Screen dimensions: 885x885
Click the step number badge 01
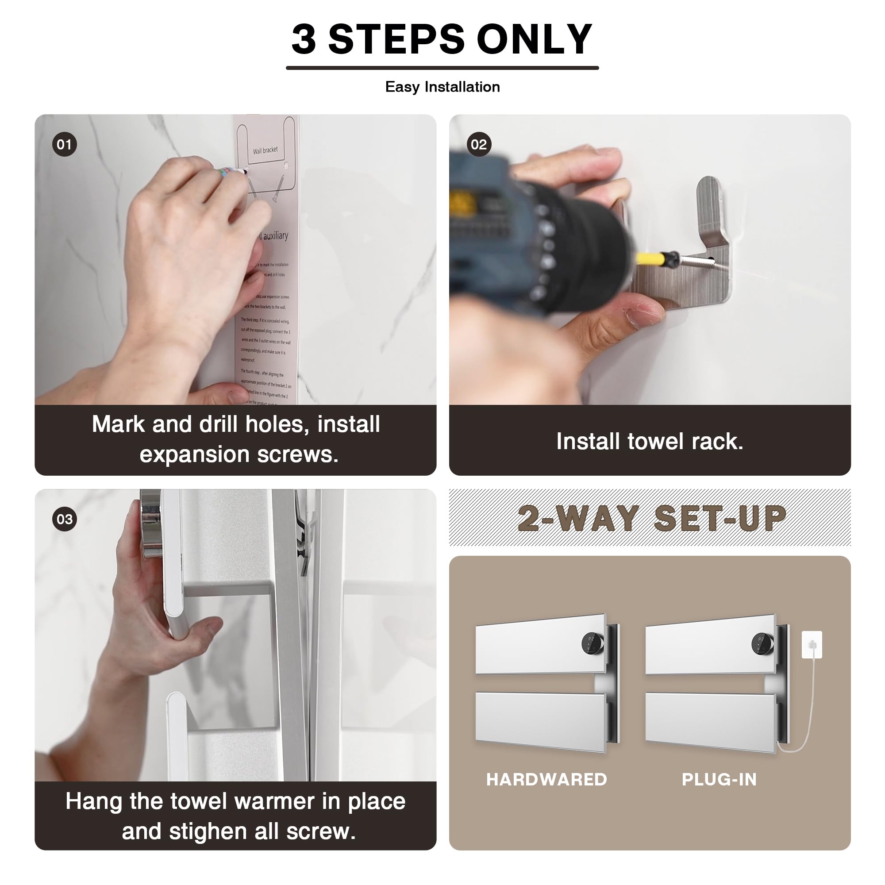coord(64,145)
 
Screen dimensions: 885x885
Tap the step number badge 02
coord(479,145)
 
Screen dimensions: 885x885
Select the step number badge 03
coord(64,519)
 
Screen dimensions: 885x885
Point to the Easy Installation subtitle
coord(442,87)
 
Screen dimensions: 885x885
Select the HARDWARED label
coord(546,780)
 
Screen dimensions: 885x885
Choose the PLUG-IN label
coord(719,780)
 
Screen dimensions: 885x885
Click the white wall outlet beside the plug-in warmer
coord(812,645)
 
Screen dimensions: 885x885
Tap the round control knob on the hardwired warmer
coord(592,643)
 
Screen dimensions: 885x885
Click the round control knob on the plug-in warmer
coord(762,643)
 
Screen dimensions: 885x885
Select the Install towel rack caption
coord(650,442)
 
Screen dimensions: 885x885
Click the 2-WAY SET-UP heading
coord(651,519)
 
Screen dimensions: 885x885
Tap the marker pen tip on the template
coord(246,172)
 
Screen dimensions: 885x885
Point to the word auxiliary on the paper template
coord(275,236)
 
